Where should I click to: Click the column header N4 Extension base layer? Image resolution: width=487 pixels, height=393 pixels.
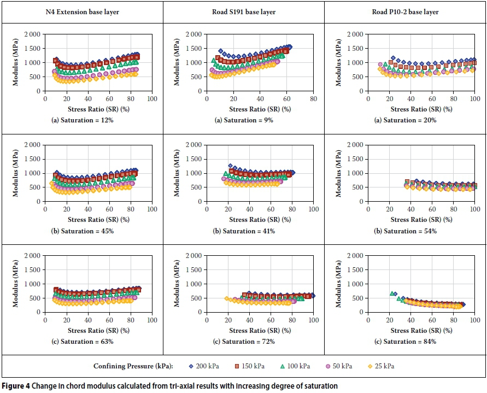tap(82, 11)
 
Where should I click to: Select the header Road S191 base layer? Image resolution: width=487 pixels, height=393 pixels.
tap(243, 11)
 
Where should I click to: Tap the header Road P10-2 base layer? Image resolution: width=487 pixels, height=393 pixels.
tap(405, 11)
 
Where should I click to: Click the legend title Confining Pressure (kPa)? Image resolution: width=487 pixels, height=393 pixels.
tap(138, 366)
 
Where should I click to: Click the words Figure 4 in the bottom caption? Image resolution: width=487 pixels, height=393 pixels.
tap(15, 386)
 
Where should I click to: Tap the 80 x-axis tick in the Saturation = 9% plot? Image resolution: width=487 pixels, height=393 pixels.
tap(313, 99)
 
